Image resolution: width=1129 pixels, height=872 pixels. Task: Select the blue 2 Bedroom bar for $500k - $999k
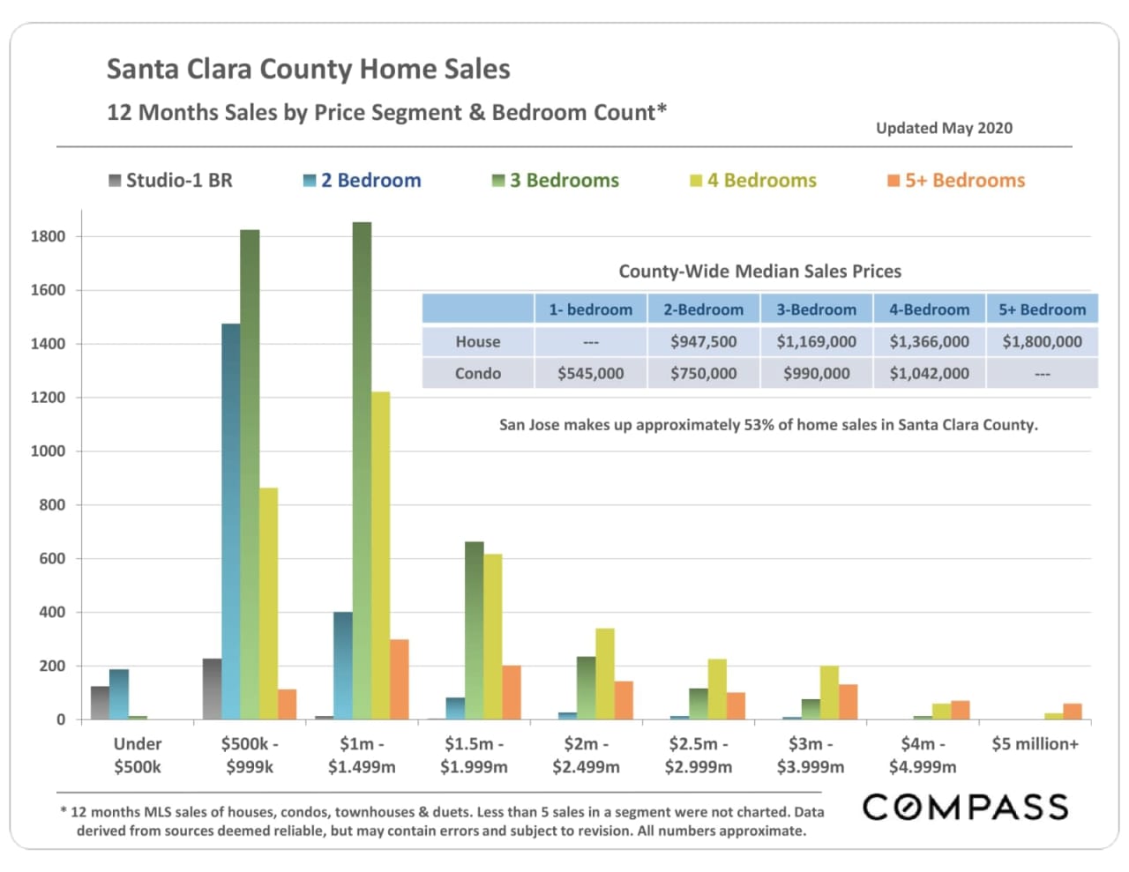pyautogui.click(x=231, y=521)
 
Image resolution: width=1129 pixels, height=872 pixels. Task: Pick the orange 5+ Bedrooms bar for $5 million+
pyautogui.click(x=1072, y=712)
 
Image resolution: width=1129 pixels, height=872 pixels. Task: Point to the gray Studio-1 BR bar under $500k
pyautogui.click(x=100, y=703)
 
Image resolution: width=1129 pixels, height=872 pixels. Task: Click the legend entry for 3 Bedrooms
pyautogui.click(x=556, y=181)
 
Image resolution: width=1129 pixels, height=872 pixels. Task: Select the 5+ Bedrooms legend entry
pyautogui.click(x=956, y=181)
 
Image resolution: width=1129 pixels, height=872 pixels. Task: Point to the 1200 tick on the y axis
pyautogui.click(x=48, y=398)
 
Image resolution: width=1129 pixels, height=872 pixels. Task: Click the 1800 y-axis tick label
pyautogui.click(x=48, y=236)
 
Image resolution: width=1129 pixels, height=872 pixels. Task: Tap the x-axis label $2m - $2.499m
pyautogui.click(x=586, y=755)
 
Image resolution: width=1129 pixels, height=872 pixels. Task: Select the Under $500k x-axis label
pyautogui.click(x=138, y=755)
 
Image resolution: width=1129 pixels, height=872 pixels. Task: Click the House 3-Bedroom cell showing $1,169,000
pyautogui.click(x=816, y=342)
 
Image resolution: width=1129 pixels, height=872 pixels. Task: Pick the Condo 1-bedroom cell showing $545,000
pyautogui.click(x=590, y=374)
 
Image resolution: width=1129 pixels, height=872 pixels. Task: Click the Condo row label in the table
pyautogui.click(x=477, y=374)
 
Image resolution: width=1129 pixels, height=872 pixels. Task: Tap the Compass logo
pyautogui.click(x=965, y=807)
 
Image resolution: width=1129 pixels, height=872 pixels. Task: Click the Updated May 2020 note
pyautogui.click(x=944, y=128)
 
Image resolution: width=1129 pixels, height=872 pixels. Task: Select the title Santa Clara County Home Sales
pyautogui.click(x=309, y=70)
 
